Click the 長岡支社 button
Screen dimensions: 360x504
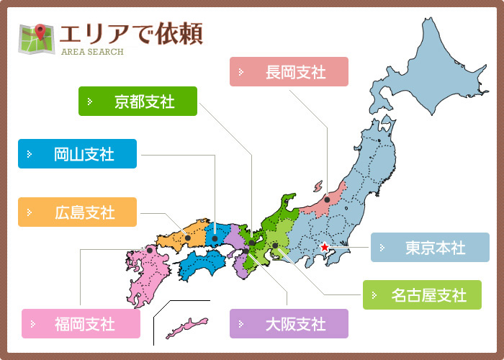point(289,72)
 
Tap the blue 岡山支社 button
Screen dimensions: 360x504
point(77,154)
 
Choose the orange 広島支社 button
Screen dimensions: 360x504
point(77,212)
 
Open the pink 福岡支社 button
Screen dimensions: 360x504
point(81,323)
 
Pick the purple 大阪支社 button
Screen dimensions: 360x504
point(289,323)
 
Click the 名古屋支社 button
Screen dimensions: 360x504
point(422,294)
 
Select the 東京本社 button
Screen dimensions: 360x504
point(430,248)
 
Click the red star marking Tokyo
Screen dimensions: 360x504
point(324,247)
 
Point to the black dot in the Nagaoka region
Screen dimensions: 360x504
point(327,199)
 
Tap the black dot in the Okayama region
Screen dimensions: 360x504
point(215,238)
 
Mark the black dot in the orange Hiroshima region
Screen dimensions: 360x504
point(187,238)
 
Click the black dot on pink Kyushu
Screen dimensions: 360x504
point(150,251)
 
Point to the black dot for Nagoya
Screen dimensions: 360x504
point(275,246)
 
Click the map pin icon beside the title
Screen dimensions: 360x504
point(36,39)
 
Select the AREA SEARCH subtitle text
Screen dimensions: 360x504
point(92,52)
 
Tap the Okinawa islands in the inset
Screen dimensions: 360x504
point(186,328)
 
